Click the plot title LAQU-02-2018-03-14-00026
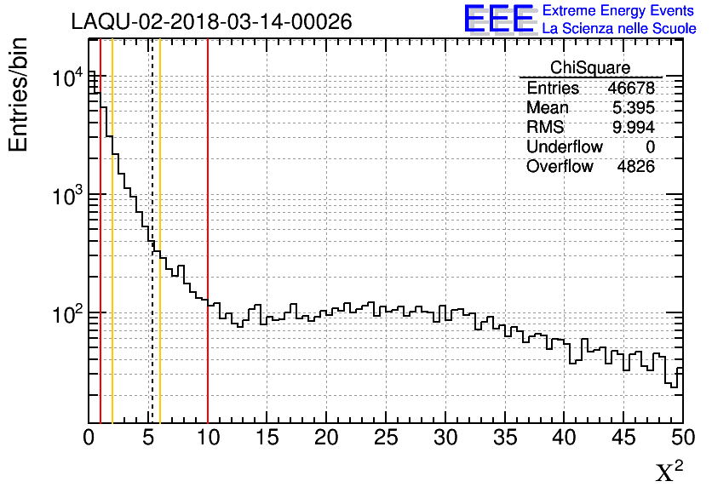pyautogui.click(x=211, y=22)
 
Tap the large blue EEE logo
pyautogui.click(x=499, y=19)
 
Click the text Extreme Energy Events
pyautogui.click(x=618, y=10)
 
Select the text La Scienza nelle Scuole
pyautogui.click(x=618, y=28)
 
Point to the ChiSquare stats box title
pyautogui.click(x=590, y=67)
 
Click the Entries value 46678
pyautogui.click(x=631, y=89)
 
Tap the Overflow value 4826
pyautogui.click(x=635, y=166)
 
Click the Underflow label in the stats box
pyautogui.click(x=564, y=146)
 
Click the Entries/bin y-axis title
pyautogui.click(x=19, y=95)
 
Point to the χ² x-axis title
pyautogui.click(x=669, y=471)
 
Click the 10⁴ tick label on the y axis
pyautogui.click(x=67, y=78)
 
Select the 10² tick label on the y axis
pyautogui.click(x=67, y=314)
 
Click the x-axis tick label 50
pyautogui.click(x=682, y=438)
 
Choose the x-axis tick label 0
pyautogui.click(x=89, y=438)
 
